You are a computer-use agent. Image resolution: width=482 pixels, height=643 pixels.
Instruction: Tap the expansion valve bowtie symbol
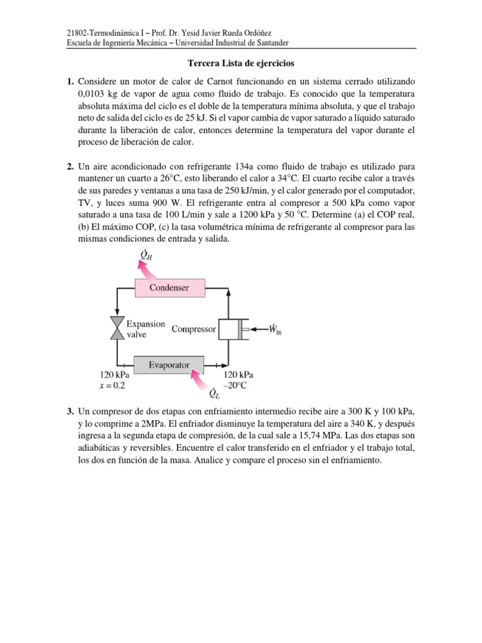coord(117,328)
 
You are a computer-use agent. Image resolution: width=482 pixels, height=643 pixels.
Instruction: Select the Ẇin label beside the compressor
coord(274,328)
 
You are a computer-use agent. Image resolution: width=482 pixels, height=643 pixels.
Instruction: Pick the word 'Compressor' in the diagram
coord(194,329)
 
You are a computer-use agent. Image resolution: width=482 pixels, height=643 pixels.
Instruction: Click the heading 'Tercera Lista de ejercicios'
coord(241,63)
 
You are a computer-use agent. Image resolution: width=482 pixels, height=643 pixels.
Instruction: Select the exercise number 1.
coord(72,82)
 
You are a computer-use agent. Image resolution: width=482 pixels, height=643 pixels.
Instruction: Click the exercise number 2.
coord(72,166)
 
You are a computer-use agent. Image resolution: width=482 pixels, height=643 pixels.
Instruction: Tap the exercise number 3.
coord(72,411)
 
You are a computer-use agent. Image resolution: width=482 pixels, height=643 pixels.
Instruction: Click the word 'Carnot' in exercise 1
coord(217,82)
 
